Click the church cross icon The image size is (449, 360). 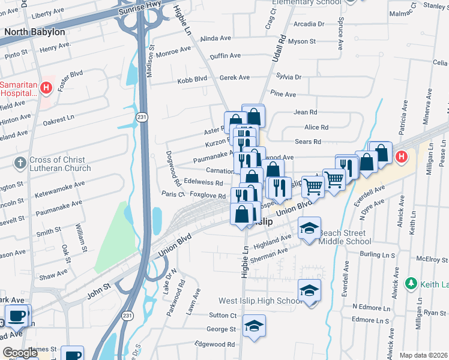pyautogui.click(x=20, y=161)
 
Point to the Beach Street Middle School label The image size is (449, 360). pyautogui.click(x=345, y=237)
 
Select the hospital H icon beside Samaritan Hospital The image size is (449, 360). pyautogui.click(x=46, y=89)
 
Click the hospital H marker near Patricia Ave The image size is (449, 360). pyautogui.click(x=401, y=157)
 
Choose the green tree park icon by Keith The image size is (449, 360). pyautogui.click(x=411, y=283)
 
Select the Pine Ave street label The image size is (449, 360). pyautogui.click(x=283, y=94)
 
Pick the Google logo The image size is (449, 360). pyautogui.click(x=20, y=353)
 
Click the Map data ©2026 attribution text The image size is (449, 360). pyautogui.click(x=423, y=355)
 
